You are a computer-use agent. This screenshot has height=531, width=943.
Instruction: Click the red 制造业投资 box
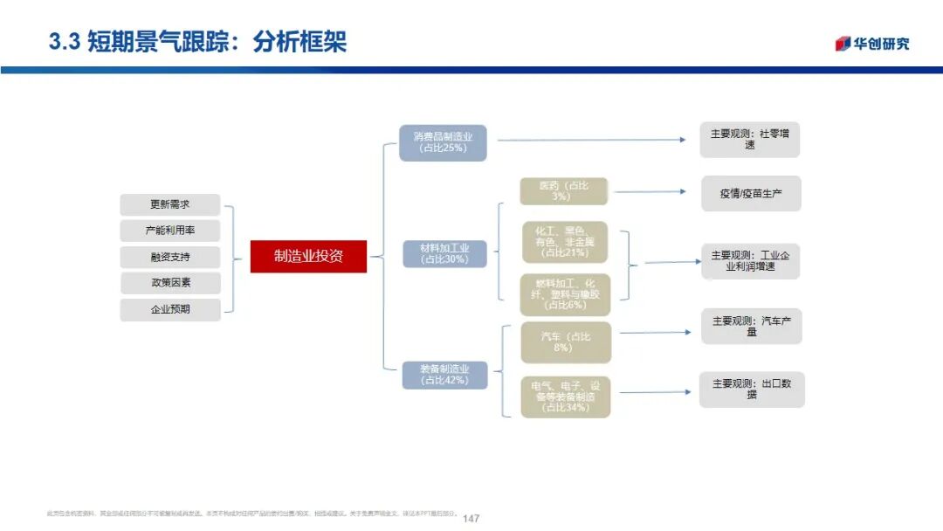(308, 256)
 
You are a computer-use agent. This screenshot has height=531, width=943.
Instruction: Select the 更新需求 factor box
(169, 205)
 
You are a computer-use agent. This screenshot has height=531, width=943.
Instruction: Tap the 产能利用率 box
(169, 231)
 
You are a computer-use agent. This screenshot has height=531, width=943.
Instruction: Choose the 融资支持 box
(169, 258)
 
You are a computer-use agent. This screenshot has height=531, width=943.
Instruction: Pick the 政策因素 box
(169, 283)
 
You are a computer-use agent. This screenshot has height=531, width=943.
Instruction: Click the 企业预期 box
(169, 309)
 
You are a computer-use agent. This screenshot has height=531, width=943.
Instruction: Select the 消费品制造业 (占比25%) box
(443, 142)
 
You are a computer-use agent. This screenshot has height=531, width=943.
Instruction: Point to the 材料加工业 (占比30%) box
(444, 253)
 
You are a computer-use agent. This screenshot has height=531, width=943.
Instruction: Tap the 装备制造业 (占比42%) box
(444, 375)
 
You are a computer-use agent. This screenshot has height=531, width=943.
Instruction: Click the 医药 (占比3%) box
(564, 191)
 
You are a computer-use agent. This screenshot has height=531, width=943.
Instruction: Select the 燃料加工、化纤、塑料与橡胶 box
(565, 294)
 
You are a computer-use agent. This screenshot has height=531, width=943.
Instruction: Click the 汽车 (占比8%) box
(565, 342)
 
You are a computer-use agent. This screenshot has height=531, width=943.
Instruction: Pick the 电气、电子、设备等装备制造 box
(565, 396)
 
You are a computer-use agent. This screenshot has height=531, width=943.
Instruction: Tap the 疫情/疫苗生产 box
(751, 194)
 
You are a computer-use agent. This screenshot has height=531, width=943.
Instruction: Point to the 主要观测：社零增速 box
(749, 140)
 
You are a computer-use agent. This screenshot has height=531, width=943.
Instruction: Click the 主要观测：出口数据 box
(751, 389)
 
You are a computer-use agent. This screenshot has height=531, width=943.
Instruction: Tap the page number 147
(471, 518)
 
